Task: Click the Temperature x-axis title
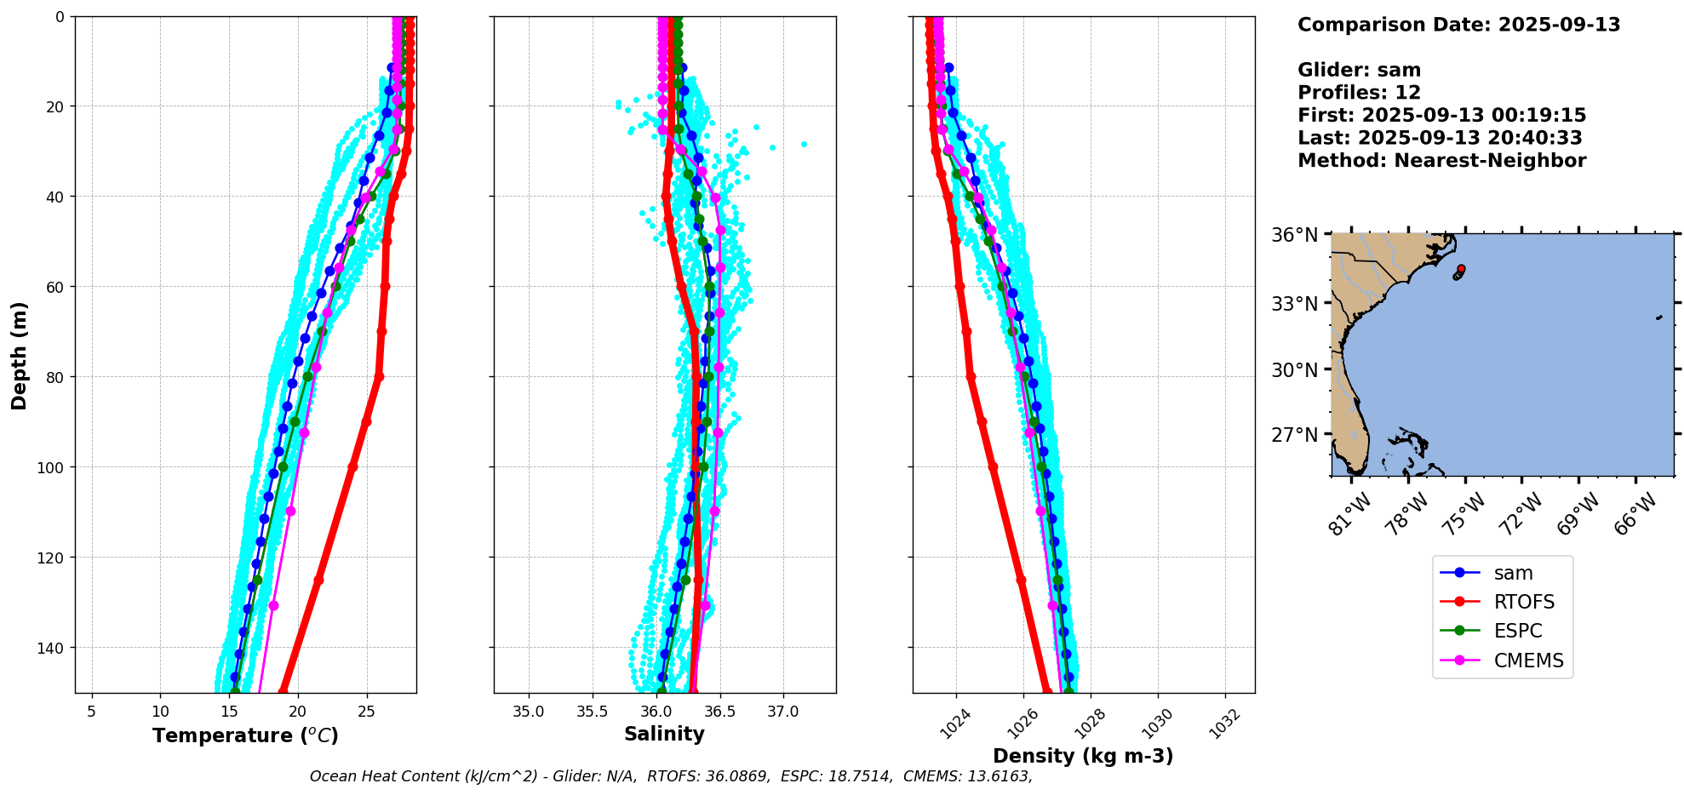pos(245,735)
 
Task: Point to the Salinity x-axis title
pos(664,734)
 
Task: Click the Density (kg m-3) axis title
pos(1083,756)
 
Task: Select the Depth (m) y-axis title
pos(19,355)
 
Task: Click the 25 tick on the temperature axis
pos(366,712)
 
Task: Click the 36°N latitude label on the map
pos(1294,235)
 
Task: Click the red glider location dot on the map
pos(1461,269)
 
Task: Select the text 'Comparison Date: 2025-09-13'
pos(1458,25)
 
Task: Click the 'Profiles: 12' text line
pos(1359,93)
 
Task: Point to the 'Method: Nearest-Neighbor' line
pos(1441,161)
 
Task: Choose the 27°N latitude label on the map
pos(1294,435)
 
